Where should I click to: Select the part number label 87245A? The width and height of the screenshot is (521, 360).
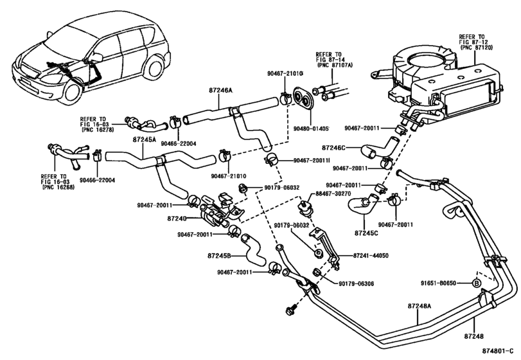point(145,139)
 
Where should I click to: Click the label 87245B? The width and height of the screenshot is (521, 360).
point(220,255)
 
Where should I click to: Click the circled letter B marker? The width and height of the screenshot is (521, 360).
point(477,283)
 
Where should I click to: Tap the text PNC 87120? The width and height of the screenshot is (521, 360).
point(476,48)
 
